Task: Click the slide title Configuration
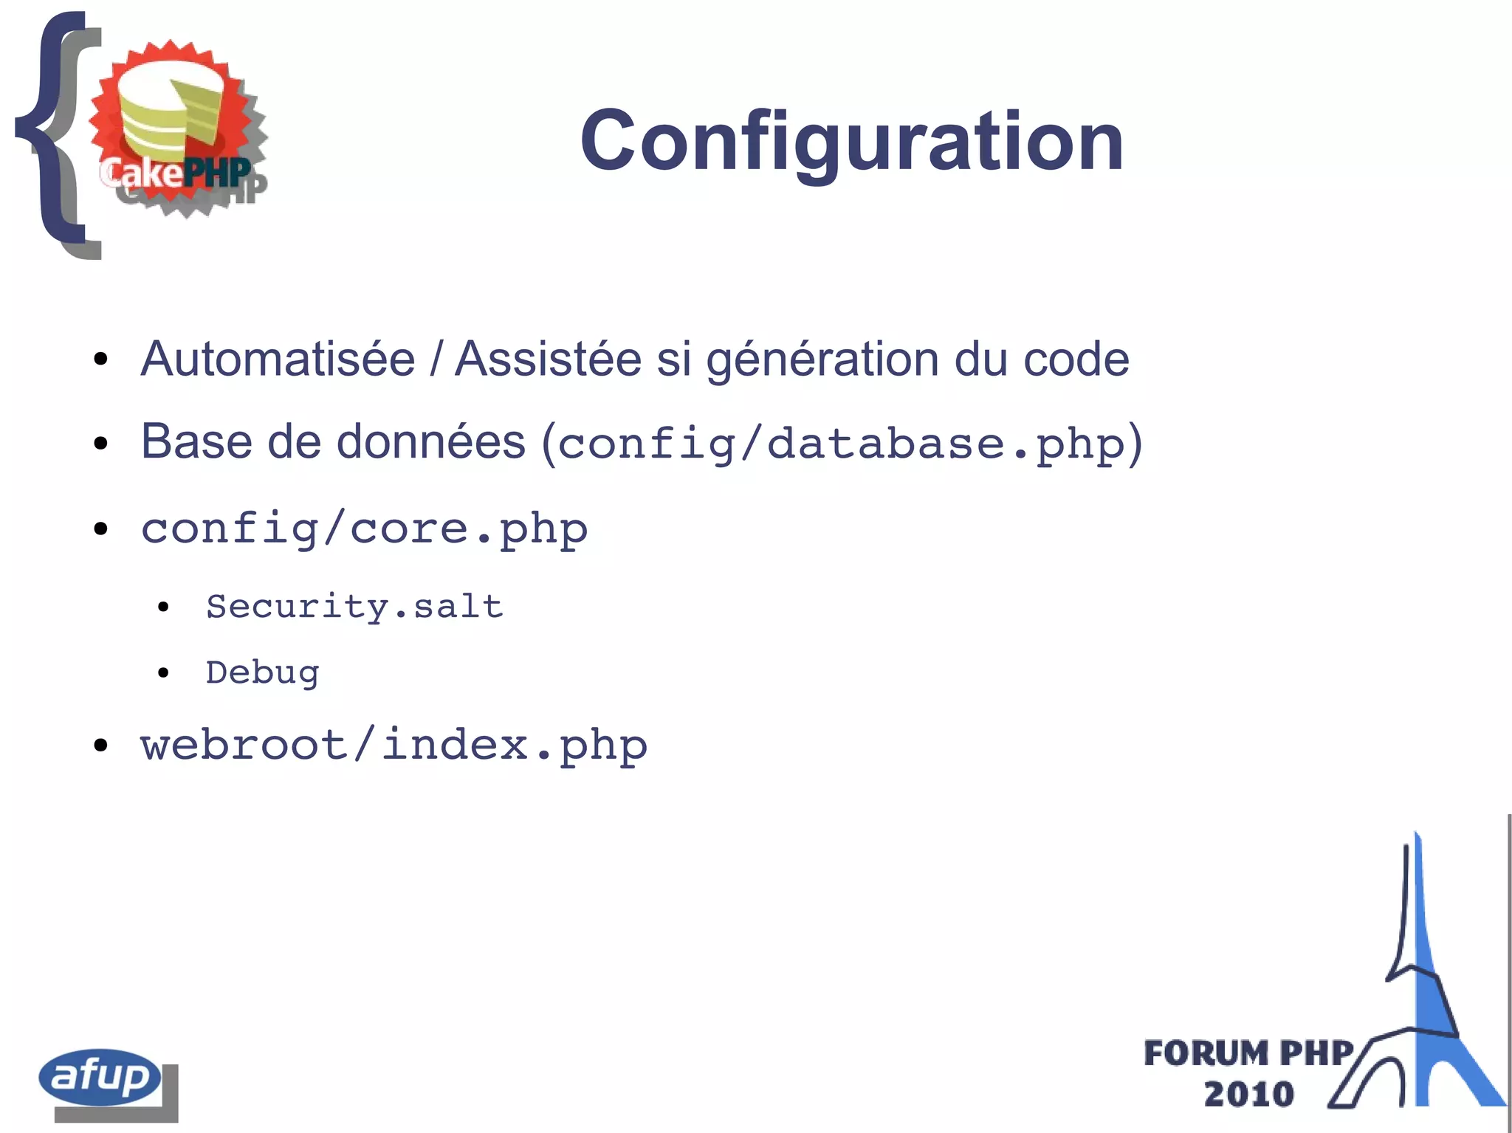(x=851, y=140)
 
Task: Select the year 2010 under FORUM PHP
(x=1248, y=1093)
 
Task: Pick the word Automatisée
(x=278, y=359)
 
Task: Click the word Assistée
(x=548, y=359)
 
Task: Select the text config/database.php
(x=842, y=444)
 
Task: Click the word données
(x=431, y=442)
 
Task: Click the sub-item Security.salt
(x=354, y=607)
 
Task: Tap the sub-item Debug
(x=262, y=673)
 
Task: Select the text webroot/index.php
(x=394, y=745)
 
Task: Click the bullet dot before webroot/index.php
(x=101, y=745)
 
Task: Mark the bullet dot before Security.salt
(x=163, y=607)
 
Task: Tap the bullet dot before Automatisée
(x=101, y=360)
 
